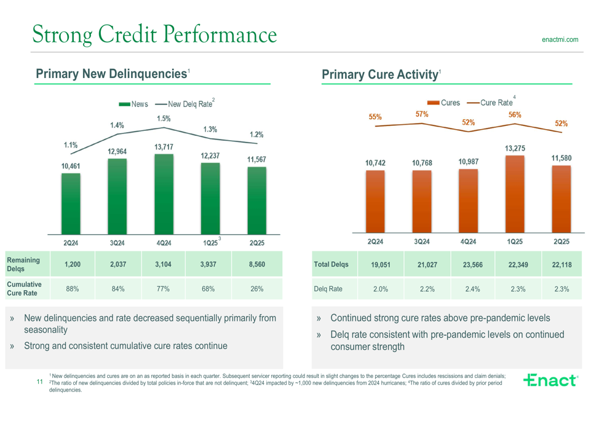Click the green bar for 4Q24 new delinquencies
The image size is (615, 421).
[x=164, y=194]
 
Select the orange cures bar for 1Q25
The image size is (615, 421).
[x=515, y=194]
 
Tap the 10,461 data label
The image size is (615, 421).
[x=70, y=166]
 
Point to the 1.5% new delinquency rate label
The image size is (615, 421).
[x=163, y=119]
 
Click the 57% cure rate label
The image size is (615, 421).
[x=422, y=114]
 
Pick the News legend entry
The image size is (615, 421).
[x=133, y=104]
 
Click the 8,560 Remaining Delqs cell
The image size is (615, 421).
[x=257, y=264]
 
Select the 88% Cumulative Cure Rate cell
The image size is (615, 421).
[x=72, y=289]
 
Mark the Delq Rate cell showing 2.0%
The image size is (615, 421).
[x=381, y=289]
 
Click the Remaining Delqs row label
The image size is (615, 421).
[x=23, y=264]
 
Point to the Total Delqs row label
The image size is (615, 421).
[x=331, y=264]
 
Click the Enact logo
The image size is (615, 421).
[x=550, y=380]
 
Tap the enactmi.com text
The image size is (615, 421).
[x=560, y=40]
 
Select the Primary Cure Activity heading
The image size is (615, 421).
[x=379, y=75]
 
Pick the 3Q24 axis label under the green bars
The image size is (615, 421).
[x=117, y=243]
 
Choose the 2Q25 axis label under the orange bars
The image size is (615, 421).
[x=561, y=242]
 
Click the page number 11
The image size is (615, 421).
[x=39, y=382]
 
